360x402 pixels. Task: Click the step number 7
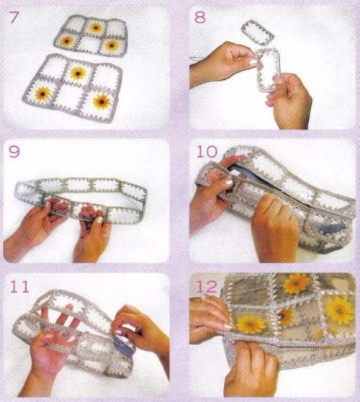point(14,18)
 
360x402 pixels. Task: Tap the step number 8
point(200,17)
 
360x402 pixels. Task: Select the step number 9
point(14,152)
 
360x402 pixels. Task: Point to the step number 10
point(207,151)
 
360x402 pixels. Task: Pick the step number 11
point(19,287)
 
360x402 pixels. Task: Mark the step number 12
point(207,287)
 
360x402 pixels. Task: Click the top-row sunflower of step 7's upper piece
point(96,27)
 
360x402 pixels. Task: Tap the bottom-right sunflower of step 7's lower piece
point(102,102)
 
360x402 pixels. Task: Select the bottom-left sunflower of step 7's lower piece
point(43,94)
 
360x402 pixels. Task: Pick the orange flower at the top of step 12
point(297,284)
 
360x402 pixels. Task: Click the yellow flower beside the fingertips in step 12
point(251,324)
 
